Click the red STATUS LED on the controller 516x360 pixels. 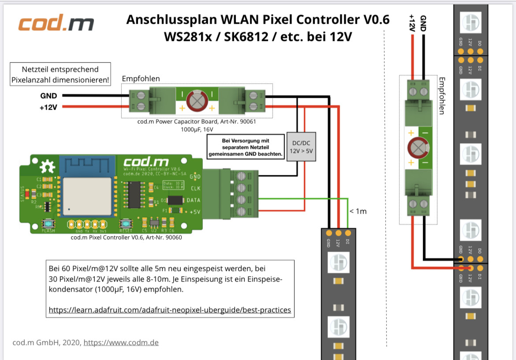pyautogui.click(x=28, y=193)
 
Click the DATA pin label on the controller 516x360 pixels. pyautogui.click(x=193, y=200)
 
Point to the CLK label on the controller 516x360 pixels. pyautogui.click(x=195, y=188)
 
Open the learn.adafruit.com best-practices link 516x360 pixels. pyautogui.click(x=170, y=310)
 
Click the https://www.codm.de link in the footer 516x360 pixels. pyautogui.click(x=121, y=342)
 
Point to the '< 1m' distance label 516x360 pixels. pyautogui.click(x=358, y=211)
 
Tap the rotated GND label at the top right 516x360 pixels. pyautogui.click(x=423, y=22)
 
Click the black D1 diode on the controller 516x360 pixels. pyautogui.click(x=176, y=200)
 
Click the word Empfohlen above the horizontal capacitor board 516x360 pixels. pyautogui.click(x=141, y=78)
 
